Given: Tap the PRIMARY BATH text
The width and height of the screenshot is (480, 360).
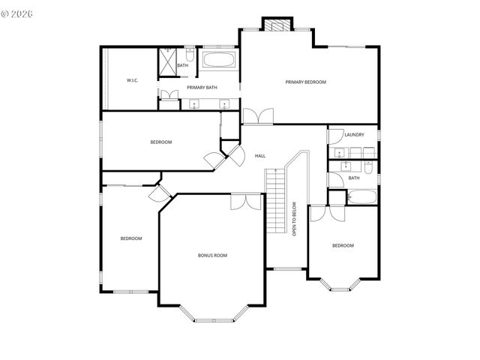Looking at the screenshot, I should tap(202, 88).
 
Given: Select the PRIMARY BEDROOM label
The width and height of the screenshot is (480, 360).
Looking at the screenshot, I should tap(305, 82).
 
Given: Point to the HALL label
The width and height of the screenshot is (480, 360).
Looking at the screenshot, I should tap(260, 156).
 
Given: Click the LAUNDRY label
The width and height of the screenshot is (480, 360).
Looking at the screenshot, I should tap(354, 135).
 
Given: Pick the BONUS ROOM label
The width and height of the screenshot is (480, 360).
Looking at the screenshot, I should tap(212, 256).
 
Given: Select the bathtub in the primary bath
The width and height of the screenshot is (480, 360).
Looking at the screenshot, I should tap(218, 60).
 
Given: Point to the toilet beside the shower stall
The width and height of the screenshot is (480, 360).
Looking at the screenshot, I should tap(189, 56).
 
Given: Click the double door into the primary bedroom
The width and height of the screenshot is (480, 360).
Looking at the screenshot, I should tap(257, 116).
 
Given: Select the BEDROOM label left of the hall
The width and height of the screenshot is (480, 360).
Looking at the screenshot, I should tap(161, 142).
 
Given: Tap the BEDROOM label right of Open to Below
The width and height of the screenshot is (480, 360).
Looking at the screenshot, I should tap(343, 246).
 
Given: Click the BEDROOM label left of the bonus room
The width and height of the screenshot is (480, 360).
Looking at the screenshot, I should tap(131, 238).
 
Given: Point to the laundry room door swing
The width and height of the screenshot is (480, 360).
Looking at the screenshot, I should tap(335, 136).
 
